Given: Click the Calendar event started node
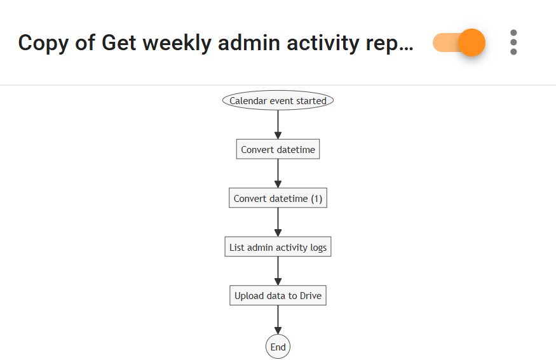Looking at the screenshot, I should click(278, 100).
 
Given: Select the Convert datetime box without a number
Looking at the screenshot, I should click(278, 150).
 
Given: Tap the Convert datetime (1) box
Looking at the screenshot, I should click(278, 199).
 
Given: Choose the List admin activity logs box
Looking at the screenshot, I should click(278, 247).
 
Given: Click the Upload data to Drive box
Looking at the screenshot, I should click(278, 295).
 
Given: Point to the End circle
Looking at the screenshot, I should click(278, 347).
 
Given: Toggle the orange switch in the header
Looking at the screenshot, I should click(459, 43).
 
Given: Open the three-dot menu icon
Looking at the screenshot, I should click(513, 43).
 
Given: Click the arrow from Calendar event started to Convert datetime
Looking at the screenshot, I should click(278, 124).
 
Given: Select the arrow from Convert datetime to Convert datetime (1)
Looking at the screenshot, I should click(278, 173).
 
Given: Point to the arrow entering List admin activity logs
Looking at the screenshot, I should click(278, 222).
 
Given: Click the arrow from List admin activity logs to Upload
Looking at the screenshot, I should click(278, 271).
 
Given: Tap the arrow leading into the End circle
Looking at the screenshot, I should click(278, 320).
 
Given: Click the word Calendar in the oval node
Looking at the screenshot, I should click(248, 101).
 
